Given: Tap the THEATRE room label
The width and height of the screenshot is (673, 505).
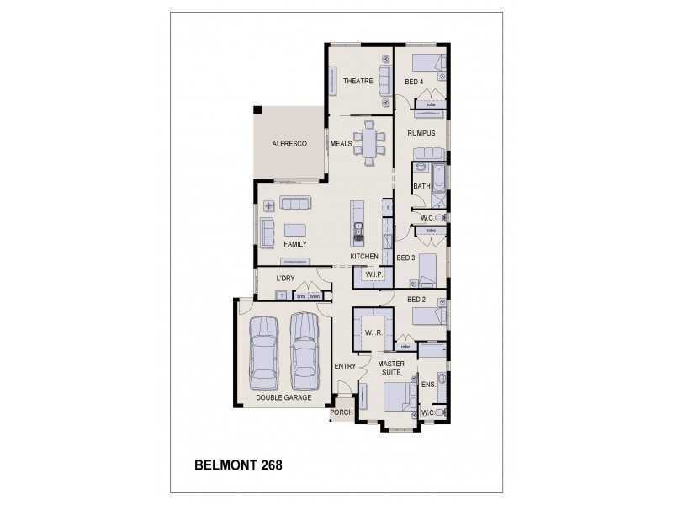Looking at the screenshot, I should tap(358, 81).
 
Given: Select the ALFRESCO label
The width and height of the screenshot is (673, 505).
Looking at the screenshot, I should tap(289, 144).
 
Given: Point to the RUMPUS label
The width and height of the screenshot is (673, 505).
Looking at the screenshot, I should tap(421, 133).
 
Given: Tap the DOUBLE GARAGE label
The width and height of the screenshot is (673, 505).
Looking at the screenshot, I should tap(284, 397).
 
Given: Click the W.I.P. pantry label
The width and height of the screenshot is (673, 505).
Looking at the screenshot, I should tap(374, 275).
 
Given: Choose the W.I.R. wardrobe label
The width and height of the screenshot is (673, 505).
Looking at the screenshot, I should tap(374, 333).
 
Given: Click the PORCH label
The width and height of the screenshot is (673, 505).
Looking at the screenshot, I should tap(342, 412).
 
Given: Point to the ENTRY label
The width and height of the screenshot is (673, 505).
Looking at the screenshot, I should tap(345, 366).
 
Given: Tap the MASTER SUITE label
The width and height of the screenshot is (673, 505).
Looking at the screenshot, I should tap(390, 369).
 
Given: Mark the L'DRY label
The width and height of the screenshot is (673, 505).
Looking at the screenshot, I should tap(286, 279).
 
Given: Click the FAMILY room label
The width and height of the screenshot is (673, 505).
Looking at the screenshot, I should tap(294, 244).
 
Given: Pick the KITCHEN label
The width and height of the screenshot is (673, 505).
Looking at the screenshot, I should tap(364, 255).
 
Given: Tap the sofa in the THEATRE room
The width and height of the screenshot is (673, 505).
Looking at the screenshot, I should tap(385, 81).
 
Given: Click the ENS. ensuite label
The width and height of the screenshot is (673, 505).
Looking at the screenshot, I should tap(427, 384).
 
